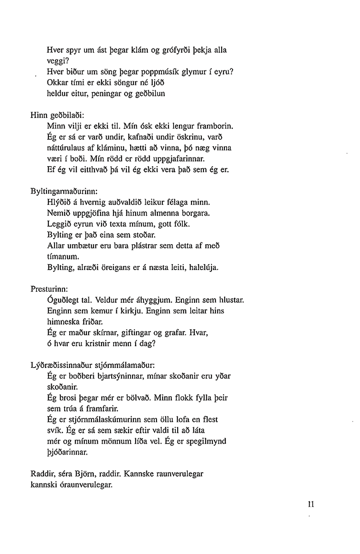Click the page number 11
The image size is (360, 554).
pos(304,504)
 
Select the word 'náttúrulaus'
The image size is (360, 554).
pos(66,148)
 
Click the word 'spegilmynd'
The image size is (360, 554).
pos(206,442)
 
